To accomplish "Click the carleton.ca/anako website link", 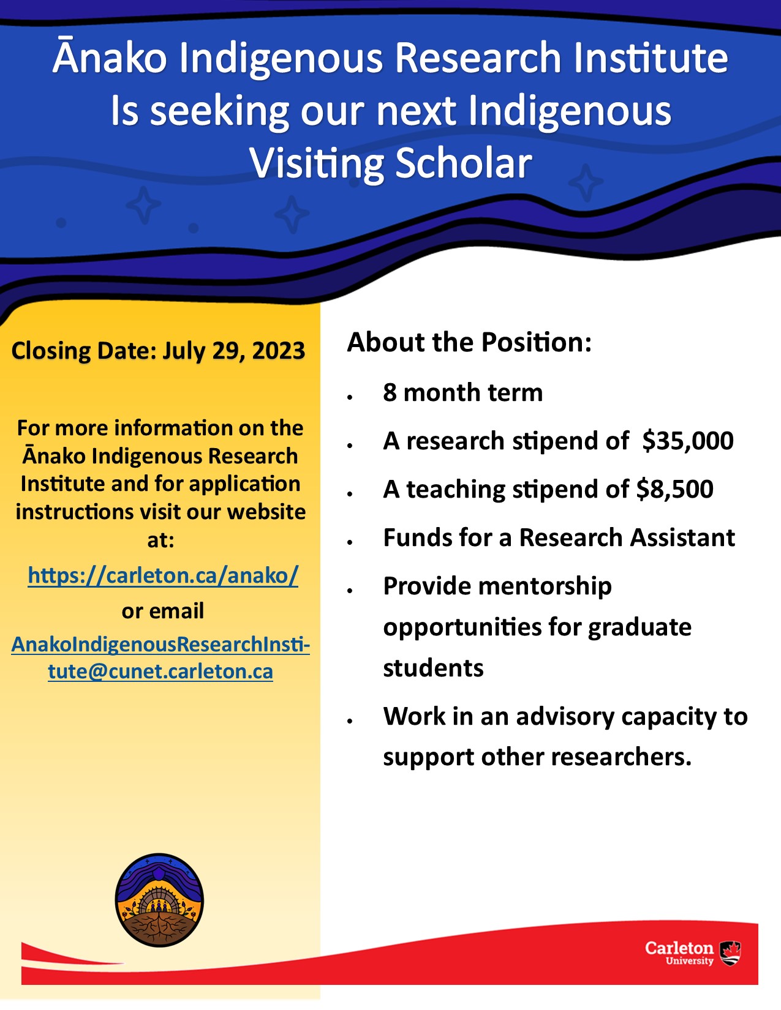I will (163, 575).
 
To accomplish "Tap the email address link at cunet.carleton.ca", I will (160, 658).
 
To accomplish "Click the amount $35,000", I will (688, 441).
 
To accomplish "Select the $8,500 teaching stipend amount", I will (674, 490).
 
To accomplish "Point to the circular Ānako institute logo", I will (159, 900).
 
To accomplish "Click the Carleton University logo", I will (692, 953).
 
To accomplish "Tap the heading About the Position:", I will (469, 342).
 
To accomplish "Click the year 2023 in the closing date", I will (279, 351).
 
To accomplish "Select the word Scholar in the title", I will (464, 164).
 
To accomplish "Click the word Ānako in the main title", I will (110, 58).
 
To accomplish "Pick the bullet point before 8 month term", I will (350, 397).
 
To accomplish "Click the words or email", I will (163, 611).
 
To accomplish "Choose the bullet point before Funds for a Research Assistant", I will (350, 542).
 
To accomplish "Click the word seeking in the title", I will (219, 111).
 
